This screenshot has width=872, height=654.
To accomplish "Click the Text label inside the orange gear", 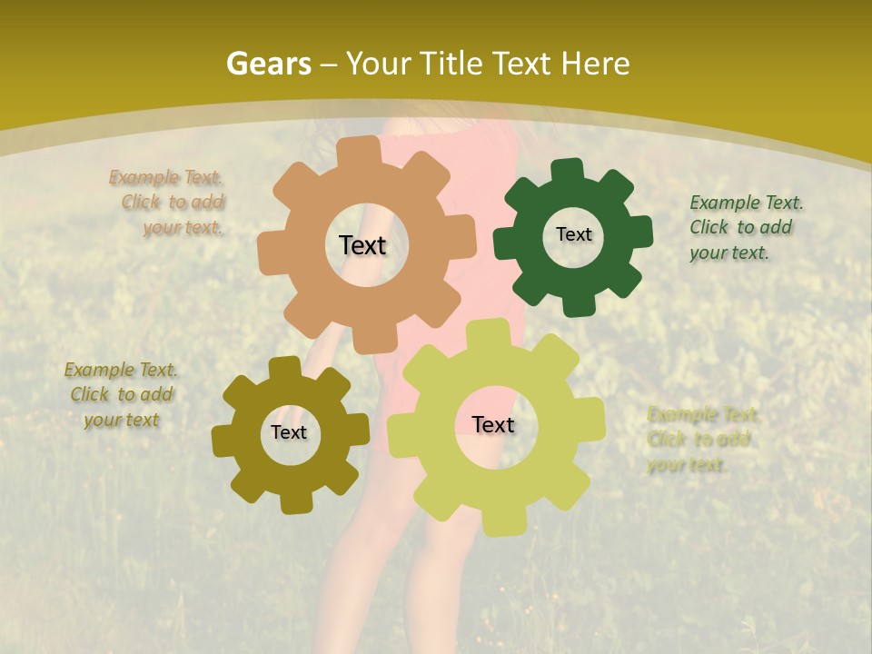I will tap(362, 245).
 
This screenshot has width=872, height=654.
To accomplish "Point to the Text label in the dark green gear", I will tap(573, 234).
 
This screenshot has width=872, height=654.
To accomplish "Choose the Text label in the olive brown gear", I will tap(289, 432).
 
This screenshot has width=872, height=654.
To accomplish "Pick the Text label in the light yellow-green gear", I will tap(493, 424).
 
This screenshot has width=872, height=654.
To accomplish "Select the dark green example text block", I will tap(745, 227).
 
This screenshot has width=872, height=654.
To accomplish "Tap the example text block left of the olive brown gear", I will tap(121, 394).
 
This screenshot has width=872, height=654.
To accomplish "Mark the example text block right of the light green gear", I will tap(701, 440).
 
